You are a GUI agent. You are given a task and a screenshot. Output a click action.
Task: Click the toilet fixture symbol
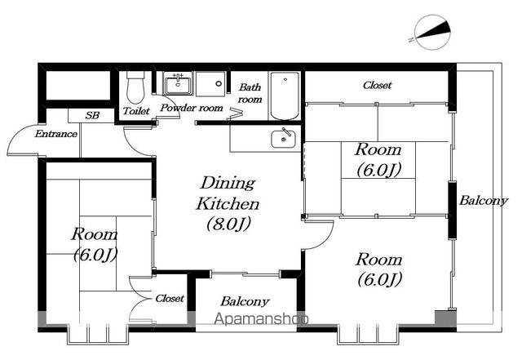(135, 87)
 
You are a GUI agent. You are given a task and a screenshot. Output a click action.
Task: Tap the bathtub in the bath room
(285, 96)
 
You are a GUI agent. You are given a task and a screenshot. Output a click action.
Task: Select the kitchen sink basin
(283, 139)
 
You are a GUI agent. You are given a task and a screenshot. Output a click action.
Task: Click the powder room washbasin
(178, 83)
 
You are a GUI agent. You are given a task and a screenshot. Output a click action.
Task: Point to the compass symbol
(432, 33)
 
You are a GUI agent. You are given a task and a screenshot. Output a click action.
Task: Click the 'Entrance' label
(56, 134)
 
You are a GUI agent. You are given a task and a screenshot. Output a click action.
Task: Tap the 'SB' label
(92, 116)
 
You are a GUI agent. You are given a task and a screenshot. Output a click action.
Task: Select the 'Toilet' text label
(136, 111)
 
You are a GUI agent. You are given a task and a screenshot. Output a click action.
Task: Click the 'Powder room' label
(192, 108)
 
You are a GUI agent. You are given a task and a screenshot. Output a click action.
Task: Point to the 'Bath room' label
(250, 93)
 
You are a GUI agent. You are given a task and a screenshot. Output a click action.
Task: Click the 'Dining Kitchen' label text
(228, 193)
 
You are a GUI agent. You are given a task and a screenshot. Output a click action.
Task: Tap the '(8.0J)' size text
(228, 224)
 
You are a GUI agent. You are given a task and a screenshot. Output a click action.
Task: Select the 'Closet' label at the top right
(377, 86)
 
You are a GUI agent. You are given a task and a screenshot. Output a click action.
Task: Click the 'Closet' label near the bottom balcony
(170, 298)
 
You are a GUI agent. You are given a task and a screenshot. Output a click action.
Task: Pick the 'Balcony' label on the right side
(484, 201)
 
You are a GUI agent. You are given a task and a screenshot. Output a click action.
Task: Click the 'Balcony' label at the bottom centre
(245, 301)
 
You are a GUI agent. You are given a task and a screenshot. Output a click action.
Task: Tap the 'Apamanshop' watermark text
(261, 318)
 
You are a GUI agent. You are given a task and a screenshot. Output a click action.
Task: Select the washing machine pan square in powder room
(210, 83)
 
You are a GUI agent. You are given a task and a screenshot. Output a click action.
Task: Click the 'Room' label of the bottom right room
(378, 260)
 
